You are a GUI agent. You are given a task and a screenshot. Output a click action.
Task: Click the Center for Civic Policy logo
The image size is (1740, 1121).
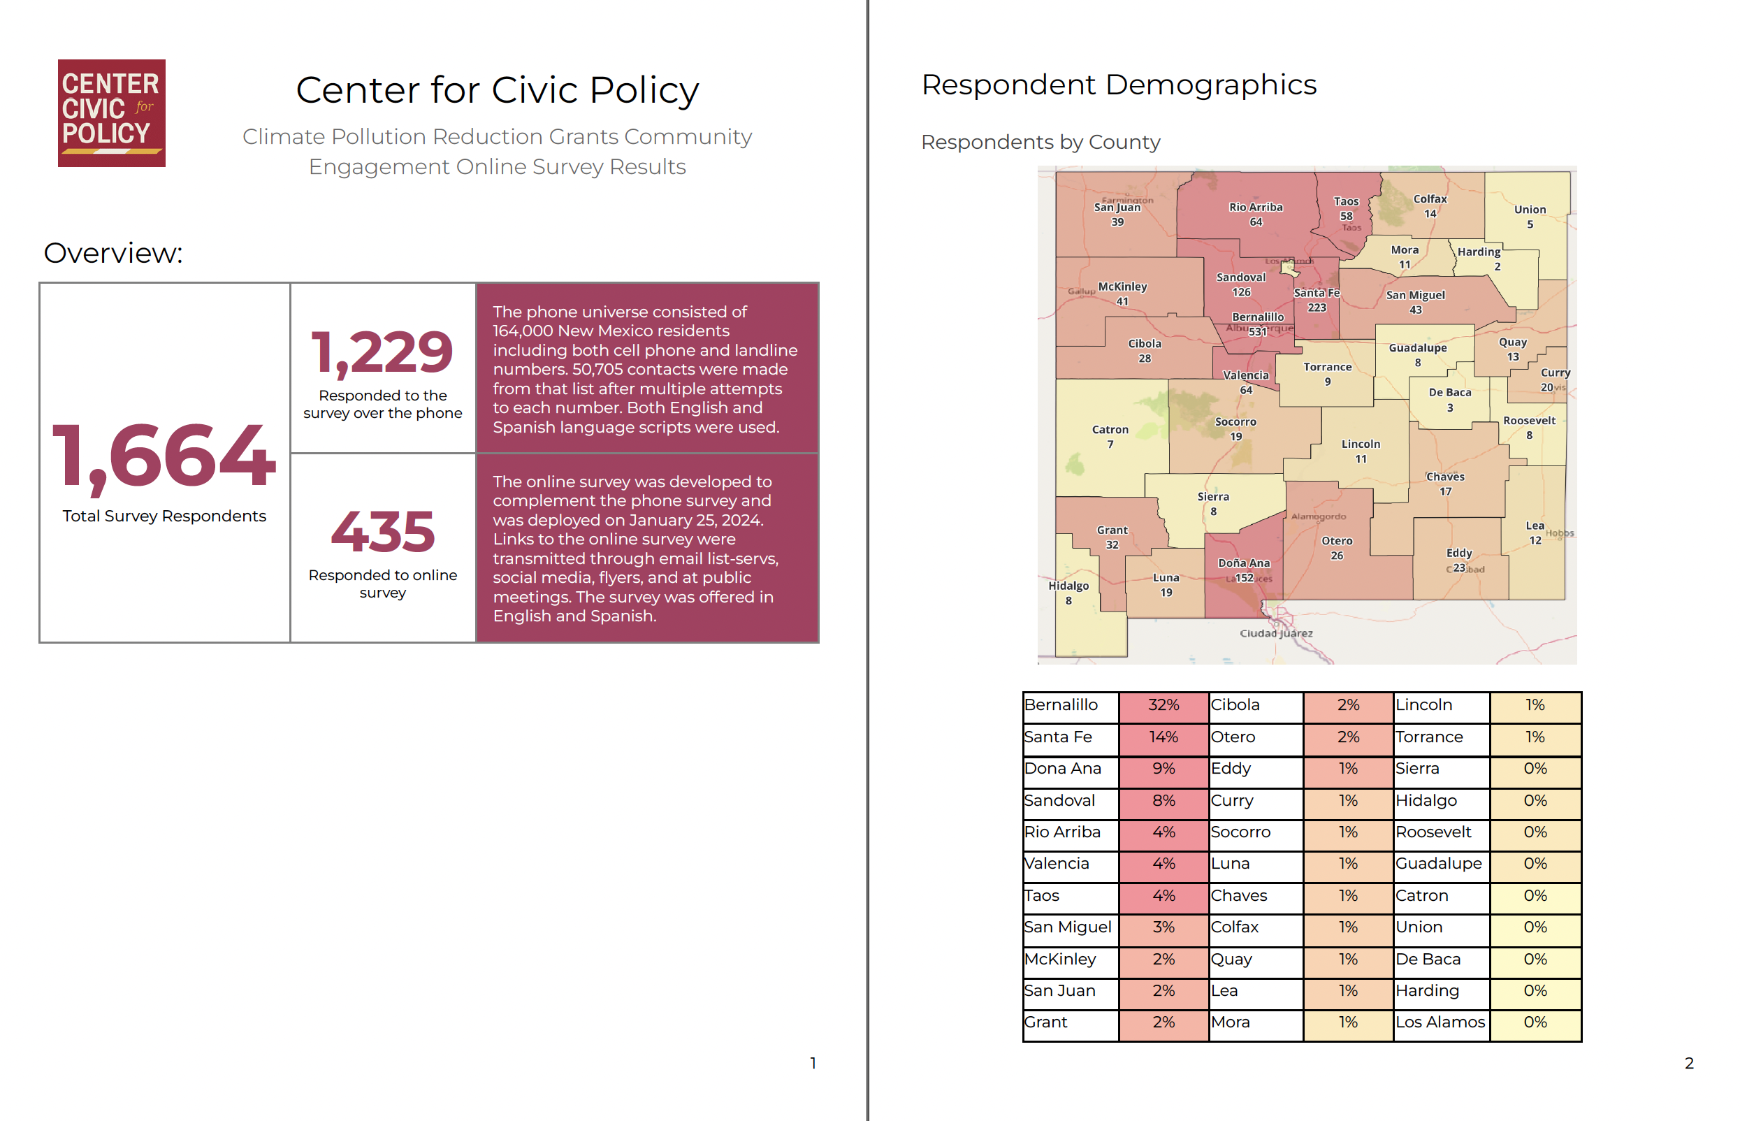111,113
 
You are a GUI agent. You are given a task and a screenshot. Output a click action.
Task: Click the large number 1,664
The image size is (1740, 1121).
164,456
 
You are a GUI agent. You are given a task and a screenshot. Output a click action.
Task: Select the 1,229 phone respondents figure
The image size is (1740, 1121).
382,352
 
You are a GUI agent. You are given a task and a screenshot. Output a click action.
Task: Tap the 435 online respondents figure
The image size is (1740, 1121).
383,531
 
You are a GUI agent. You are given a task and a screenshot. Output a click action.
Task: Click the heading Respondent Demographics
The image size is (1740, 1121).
1119,85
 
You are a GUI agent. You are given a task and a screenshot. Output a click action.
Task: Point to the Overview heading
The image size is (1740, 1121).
113,253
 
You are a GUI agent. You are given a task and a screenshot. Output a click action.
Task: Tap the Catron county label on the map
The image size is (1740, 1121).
1110,431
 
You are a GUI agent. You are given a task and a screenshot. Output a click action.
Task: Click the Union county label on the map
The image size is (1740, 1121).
1530,210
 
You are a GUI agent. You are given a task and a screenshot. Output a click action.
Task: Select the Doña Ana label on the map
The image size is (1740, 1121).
1244,563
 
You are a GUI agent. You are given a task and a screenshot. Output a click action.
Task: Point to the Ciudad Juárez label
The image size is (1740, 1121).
1276,633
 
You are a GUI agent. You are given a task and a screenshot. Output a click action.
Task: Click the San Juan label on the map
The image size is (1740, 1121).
1117,208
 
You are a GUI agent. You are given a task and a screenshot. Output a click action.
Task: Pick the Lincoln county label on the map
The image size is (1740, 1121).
1360,444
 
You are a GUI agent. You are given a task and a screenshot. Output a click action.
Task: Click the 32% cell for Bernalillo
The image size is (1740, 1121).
1163,705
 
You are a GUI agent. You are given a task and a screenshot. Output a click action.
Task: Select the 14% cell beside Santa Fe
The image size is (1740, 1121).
1163,737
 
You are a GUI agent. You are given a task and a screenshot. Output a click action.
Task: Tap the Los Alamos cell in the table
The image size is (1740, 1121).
1440,1022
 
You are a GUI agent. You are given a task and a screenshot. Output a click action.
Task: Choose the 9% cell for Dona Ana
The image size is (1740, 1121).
1163,769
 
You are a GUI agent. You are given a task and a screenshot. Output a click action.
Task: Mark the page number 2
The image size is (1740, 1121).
1688,1064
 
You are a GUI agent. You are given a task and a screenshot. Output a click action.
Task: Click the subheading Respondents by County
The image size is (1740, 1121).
1040,142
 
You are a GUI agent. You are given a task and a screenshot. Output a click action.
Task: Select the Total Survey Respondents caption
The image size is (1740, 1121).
164,516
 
